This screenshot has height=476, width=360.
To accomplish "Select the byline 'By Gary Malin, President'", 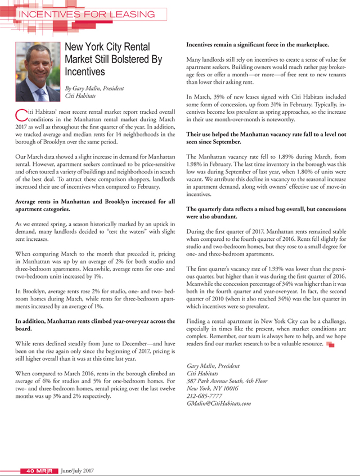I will (x=94, y=88).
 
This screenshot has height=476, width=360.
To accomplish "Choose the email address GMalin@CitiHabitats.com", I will (x=218, y=403).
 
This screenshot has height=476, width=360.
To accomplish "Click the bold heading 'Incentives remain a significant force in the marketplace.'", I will (x=257, y=44).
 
